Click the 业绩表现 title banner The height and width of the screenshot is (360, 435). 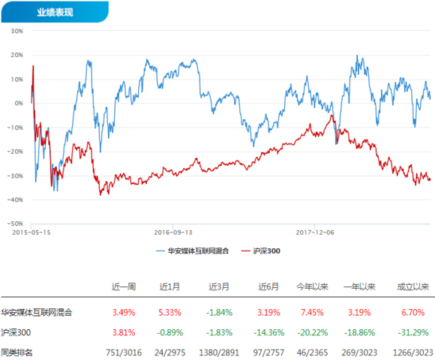(55, 12)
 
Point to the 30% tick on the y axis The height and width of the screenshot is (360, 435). (16, 31)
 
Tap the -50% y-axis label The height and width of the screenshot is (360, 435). (15, 223)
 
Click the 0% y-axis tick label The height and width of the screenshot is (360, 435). (19, 103)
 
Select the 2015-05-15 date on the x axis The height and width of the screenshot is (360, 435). (31, 232)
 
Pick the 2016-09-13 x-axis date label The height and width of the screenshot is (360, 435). (173, 232)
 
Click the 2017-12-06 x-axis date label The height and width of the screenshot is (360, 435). (315, 232)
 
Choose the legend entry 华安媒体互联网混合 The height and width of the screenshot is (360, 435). (192, 251)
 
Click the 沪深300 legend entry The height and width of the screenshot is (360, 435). (261, 251)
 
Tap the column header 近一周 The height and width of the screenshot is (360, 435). (124, 286)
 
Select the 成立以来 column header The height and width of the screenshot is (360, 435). (412, 286)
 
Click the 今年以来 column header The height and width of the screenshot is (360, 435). (312, 286)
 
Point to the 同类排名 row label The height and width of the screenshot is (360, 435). (16, 352)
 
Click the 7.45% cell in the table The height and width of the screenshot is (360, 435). (312, 313)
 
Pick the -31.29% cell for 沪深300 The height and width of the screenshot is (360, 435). (412, 332)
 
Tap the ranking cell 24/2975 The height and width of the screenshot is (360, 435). (169, 352)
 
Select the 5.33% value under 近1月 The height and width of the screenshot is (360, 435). (169, 313)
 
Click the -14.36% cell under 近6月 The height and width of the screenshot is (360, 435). (268, 332)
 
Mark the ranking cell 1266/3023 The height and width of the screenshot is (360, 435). (413, 352)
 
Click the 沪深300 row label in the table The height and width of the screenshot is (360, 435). (16, 332)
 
